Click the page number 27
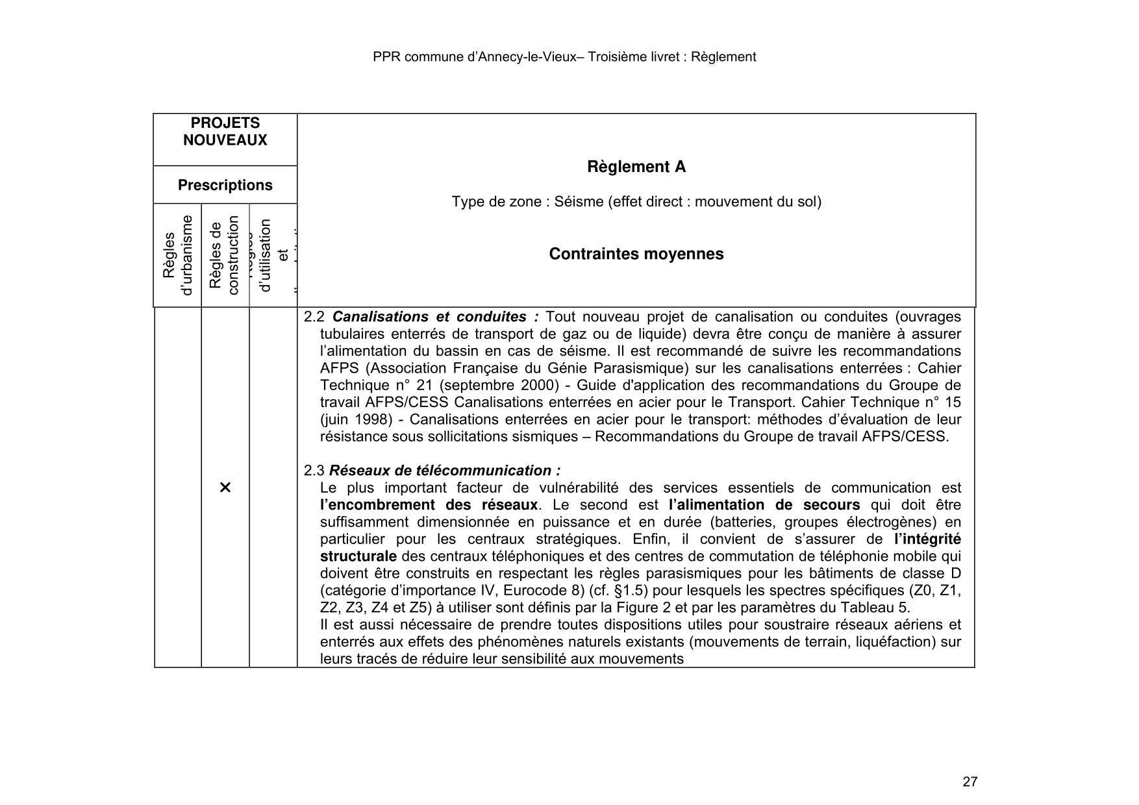click(x=970, y=782)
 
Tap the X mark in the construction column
click(x=225, y=488)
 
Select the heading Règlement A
click(x=636, y=167)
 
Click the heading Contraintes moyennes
click(x=636, y=254)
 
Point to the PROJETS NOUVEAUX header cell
click(x=225, y=132)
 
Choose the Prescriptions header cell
click(x=225, y=185)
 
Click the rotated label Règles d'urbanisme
click(x=177, y=255)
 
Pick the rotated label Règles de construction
click(x=225, y=255)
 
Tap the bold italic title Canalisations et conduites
click(x=435, y=317)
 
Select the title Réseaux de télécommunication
click(x=444, y=471)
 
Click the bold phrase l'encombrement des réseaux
click(x=429, y=505)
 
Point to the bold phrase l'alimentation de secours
click(x=764, y=505)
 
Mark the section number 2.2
click(x=314, y=317)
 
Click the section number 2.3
click(x=314, y=471)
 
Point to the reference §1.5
click(x=625, y=591)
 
